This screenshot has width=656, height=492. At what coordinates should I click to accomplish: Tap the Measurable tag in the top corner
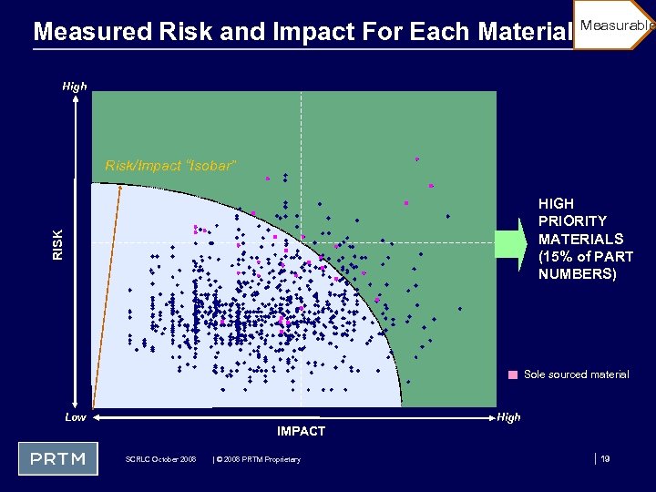[x=616, y=26]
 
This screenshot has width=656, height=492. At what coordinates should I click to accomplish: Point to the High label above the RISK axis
[x=75, y=87]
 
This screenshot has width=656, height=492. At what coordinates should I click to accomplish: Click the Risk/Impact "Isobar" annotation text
[x=170, y=166]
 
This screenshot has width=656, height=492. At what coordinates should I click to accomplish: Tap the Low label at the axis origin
[x=77, y=417]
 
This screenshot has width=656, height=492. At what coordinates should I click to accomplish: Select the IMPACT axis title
[x=301, y=431]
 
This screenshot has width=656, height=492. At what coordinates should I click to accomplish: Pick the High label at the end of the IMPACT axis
[x=509, y=417]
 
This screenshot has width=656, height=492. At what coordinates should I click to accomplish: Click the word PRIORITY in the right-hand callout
[x=572, y=221]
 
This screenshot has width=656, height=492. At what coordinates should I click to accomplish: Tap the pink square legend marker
[x=514, y=374]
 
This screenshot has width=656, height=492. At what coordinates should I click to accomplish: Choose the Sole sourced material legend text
[x=576, y=374]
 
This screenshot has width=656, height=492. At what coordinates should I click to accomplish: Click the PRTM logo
[x=58, y=458]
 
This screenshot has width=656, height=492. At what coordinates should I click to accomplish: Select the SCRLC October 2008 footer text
[x=160, y=459]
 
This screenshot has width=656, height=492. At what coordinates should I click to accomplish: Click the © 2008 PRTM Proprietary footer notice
[x=256, y=459]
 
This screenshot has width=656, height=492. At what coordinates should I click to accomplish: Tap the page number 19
[x=605, y=459]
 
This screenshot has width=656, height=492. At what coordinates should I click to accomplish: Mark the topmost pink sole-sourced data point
[x=416, y=159]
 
